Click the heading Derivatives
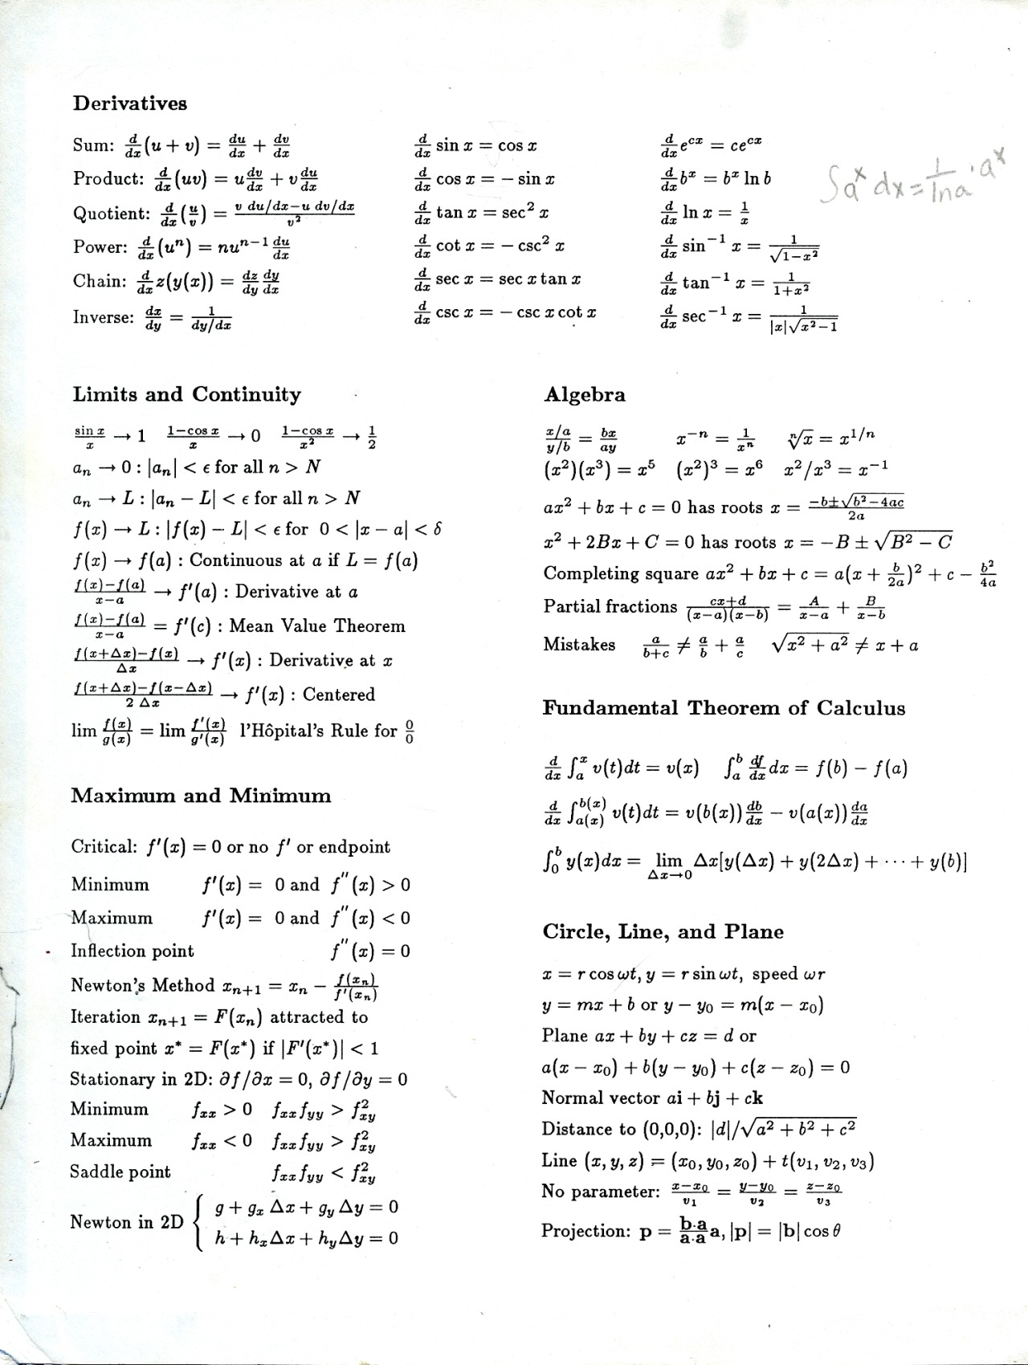tap(130, 104)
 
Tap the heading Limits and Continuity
tap(187, 394)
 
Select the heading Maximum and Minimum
tap(201, 796)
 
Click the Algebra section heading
tap(585, 394)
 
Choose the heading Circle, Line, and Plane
tap(663, 932)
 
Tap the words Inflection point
tap(133, 951)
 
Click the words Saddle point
tap(120, 1171)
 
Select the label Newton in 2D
tap(127, 1222)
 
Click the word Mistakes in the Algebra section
tap(579, 645)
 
